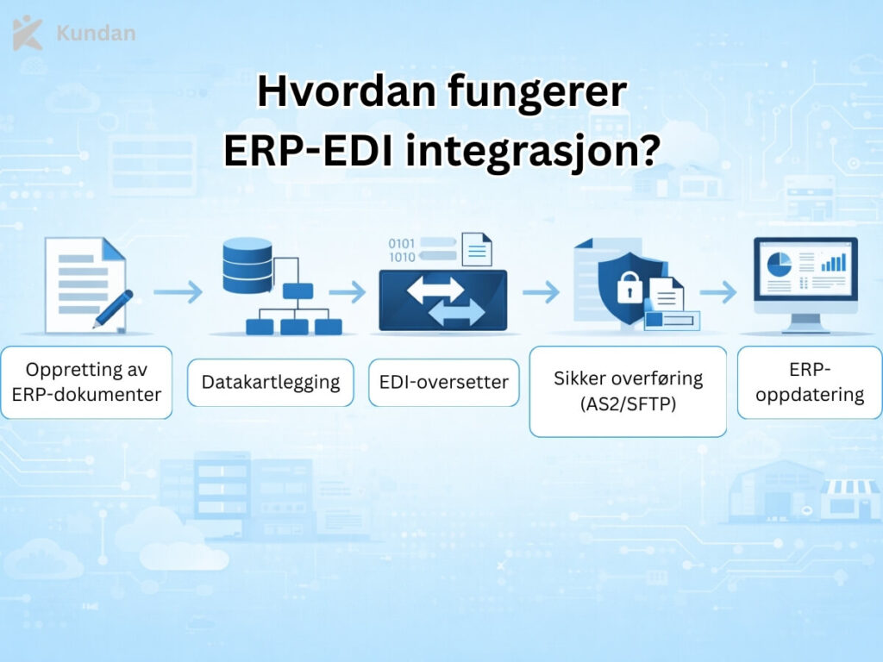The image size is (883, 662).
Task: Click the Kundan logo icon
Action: click(x=27, y=33)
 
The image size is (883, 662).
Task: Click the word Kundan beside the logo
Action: click(x=95, y=34)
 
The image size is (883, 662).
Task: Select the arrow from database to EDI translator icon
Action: click(x=348, y=293)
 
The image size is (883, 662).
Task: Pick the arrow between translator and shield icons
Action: click(x=541, y=293)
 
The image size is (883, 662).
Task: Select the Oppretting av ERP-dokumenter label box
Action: click(x=86, y=382)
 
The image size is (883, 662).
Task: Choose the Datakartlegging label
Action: click(x=271, y=383)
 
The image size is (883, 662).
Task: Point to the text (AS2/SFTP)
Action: click(x=628, y=403)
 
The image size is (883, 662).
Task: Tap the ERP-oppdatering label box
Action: click(x=809, y=382)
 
